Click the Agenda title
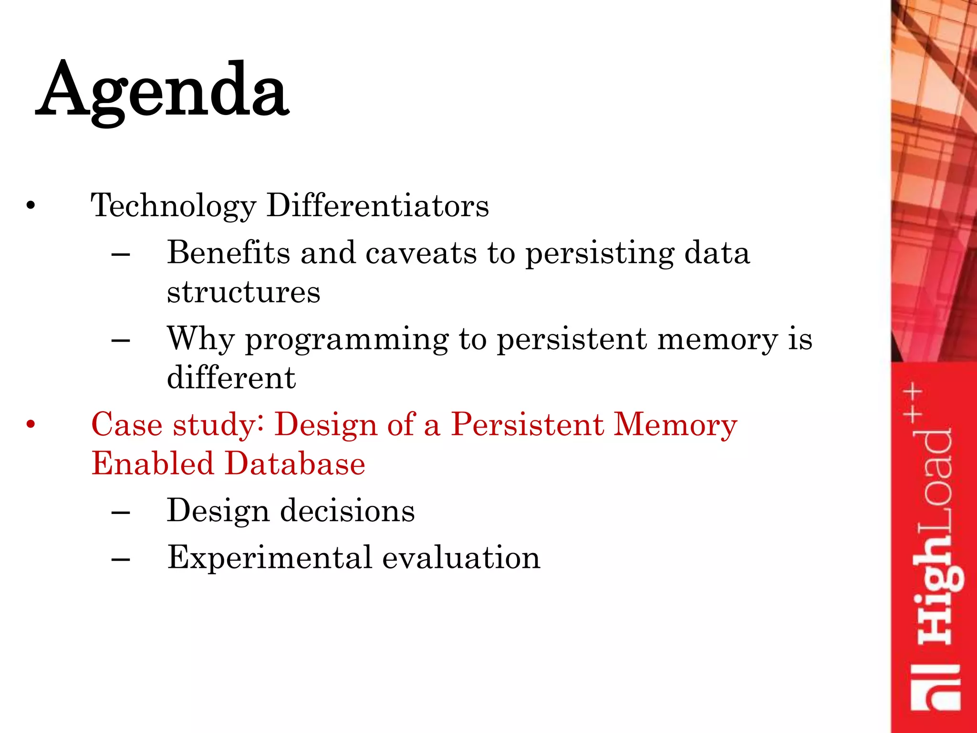coord(162,91)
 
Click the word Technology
coord(174,206)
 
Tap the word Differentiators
coord(377,206)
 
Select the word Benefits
coord(229,252)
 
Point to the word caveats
coord(421,252)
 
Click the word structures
coord(243,292)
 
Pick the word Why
coord(201,339)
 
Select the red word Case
coord(126,424)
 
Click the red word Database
coord(295,463)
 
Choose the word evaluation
coord(461,557)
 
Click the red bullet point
coord(31,424)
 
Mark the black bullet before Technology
coord(31,206)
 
